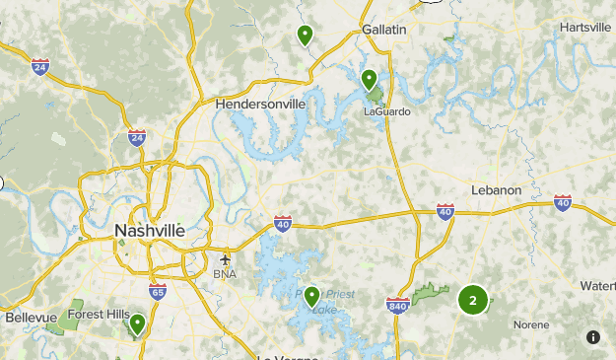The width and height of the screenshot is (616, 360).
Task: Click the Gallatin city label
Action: [383, 30]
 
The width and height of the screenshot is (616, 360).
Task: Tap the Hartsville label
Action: [584, 27]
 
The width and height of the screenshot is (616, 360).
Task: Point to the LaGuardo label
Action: [386, 111]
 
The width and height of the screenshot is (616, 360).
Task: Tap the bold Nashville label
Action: [149, 230]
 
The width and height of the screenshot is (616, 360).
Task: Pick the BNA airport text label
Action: [225, 273]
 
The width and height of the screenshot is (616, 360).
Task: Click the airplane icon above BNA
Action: [226, 258]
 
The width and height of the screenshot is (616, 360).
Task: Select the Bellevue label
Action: [32, 318]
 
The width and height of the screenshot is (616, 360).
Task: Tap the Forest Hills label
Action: [98, 315]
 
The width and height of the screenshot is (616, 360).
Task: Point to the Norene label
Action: [530, 324]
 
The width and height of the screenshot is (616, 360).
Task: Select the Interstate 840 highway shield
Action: [397, 306]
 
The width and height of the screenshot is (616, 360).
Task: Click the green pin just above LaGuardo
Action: [369, 79]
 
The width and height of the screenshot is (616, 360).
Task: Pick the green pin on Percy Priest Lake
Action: [312, 294]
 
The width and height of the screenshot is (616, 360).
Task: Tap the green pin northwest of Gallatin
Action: [306, 35]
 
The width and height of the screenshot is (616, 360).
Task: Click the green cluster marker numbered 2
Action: [473, 300]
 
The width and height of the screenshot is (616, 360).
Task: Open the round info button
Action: [592, 337]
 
